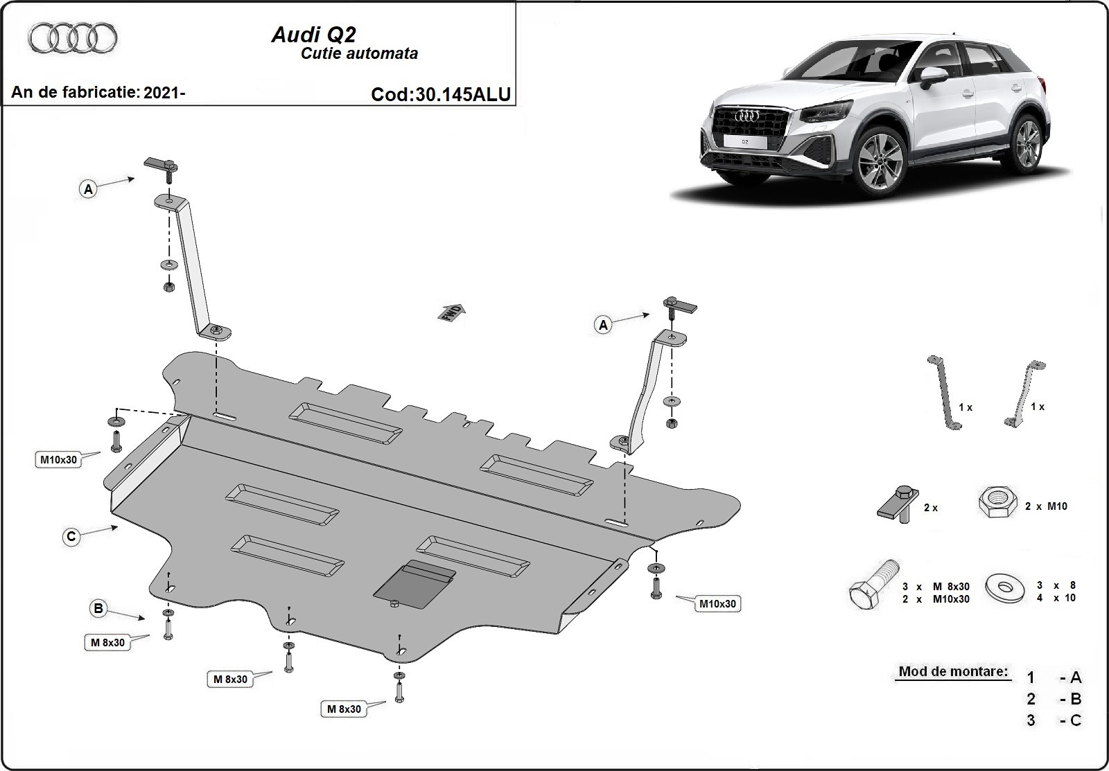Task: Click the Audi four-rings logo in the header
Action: [x=73, y=37]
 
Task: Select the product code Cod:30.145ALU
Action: [x=441, y=94]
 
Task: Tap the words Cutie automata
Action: [x=359, y=54]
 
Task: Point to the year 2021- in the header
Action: [x=164, y=92]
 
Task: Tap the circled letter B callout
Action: [x=99, y=609]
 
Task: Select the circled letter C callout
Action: [x=71, y=536]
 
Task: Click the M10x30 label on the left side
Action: [x=58, y=459]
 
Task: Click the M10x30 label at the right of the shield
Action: [x=717, y=604]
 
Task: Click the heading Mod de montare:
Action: [x=953, y=671]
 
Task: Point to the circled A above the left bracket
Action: [x=88, y=188]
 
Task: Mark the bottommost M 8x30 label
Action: [x=344, y=709]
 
